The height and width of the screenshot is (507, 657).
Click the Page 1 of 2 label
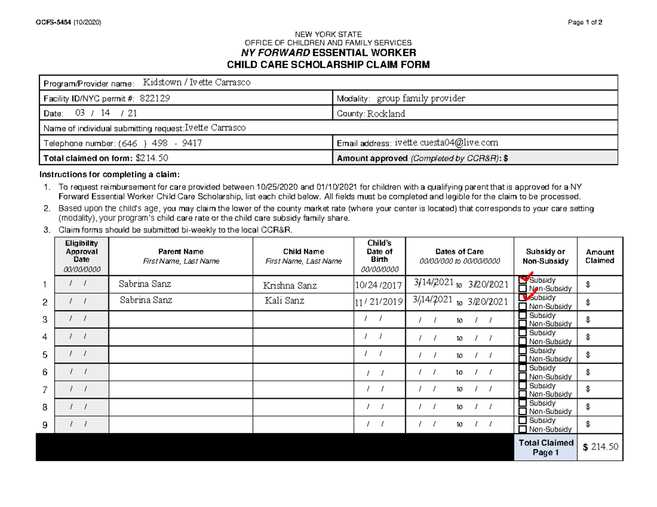[585, 22]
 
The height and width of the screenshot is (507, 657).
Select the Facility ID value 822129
[158, 98]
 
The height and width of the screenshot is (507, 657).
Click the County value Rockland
[386, 114]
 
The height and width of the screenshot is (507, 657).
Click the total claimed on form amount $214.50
[152, 158]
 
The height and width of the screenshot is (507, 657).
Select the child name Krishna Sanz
[290, 285]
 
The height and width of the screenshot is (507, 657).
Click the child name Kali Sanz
[284, 301]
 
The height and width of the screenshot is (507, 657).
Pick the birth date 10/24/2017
[378, 285]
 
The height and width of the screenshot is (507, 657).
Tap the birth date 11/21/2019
[378, 302]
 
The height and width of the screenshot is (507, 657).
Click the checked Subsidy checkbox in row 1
[523, 280]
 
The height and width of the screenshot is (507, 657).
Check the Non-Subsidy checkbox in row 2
[523, 306]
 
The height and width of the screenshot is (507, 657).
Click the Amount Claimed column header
[600, 256]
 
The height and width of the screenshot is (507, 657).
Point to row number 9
[45, 426]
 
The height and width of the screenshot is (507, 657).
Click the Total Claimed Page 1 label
[545, 447]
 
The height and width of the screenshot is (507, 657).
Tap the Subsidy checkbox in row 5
[523, 350]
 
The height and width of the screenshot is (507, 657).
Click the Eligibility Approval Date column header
[82, 256]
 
